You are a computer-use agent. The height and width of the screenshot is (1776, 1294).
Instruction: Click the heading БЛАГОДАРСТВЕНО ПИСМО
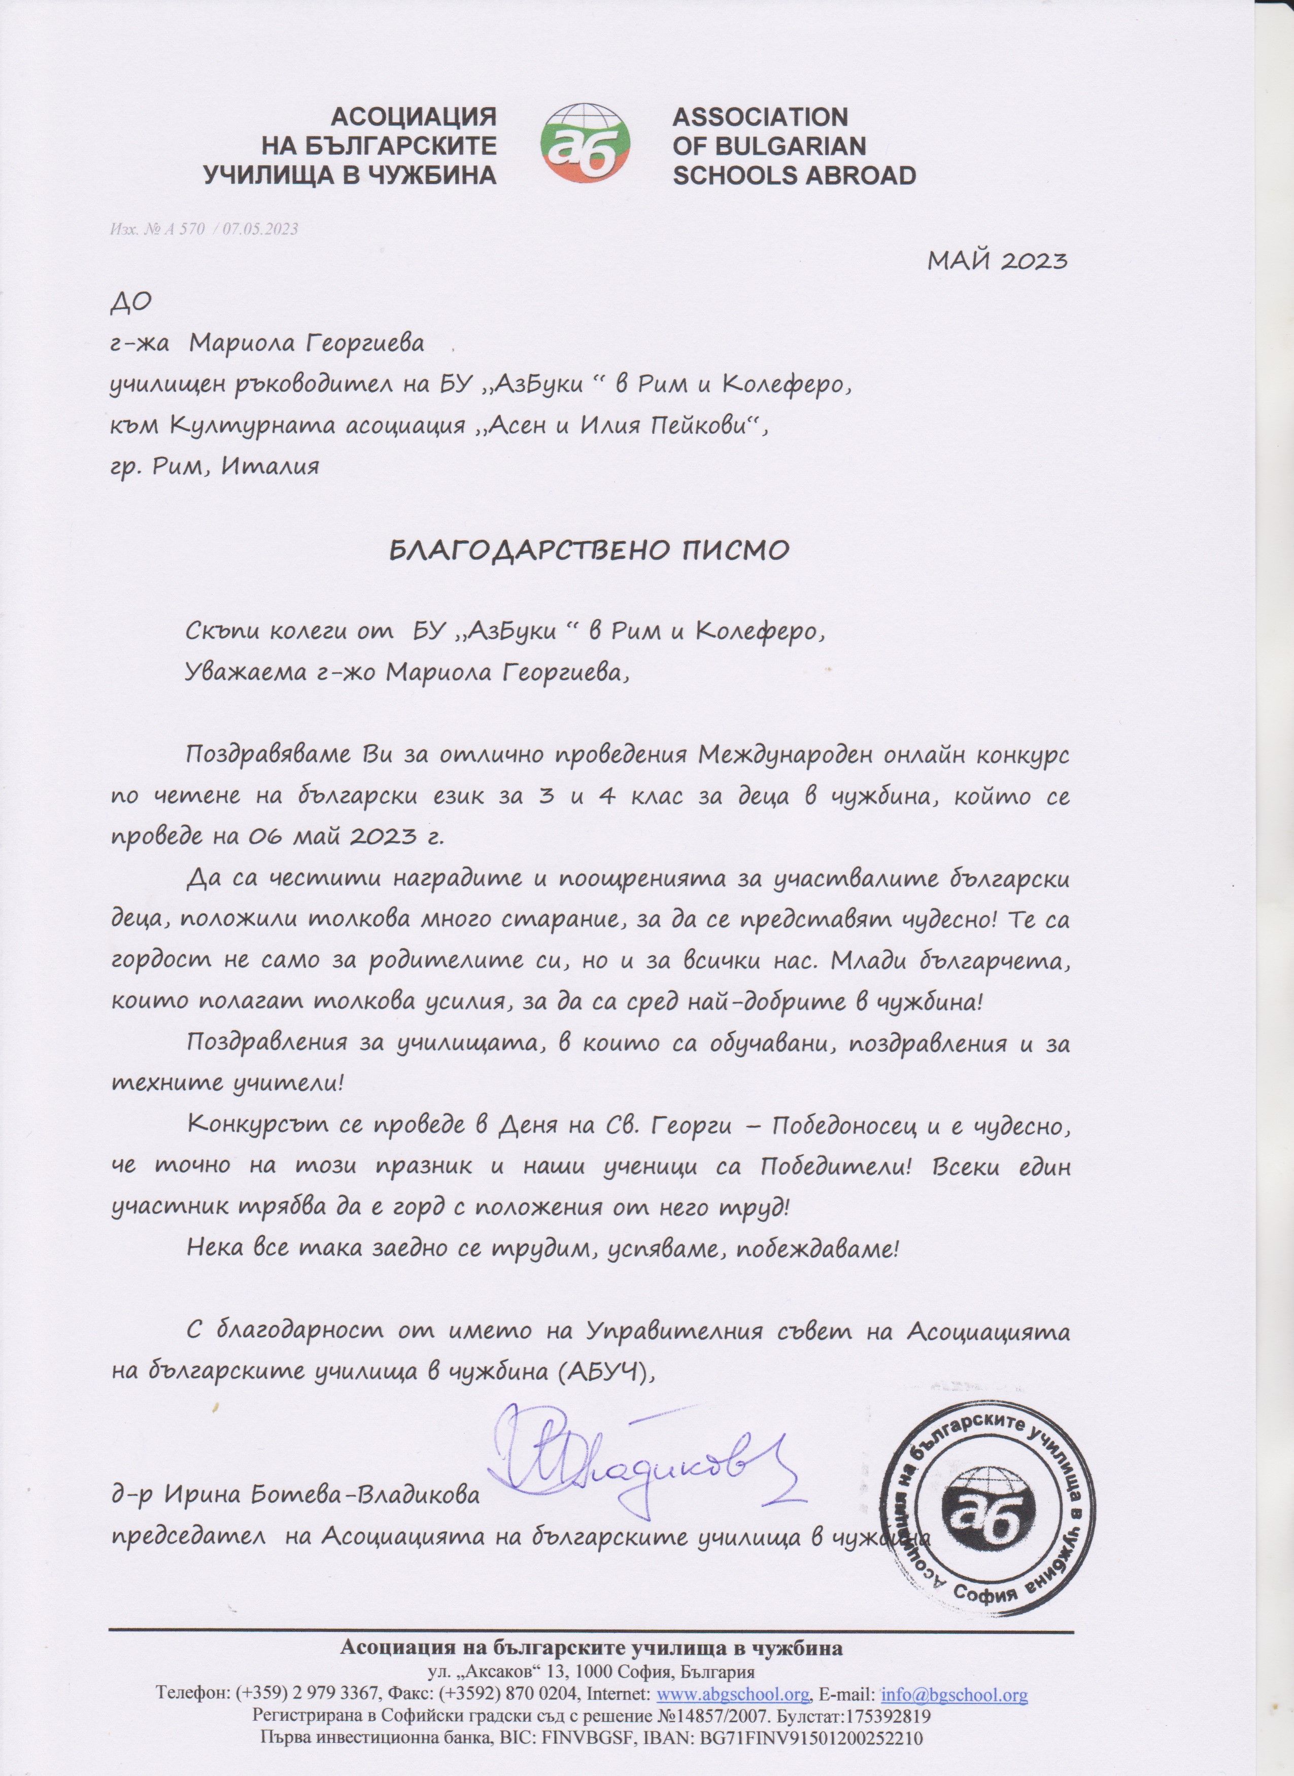[x=589, y=550]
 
